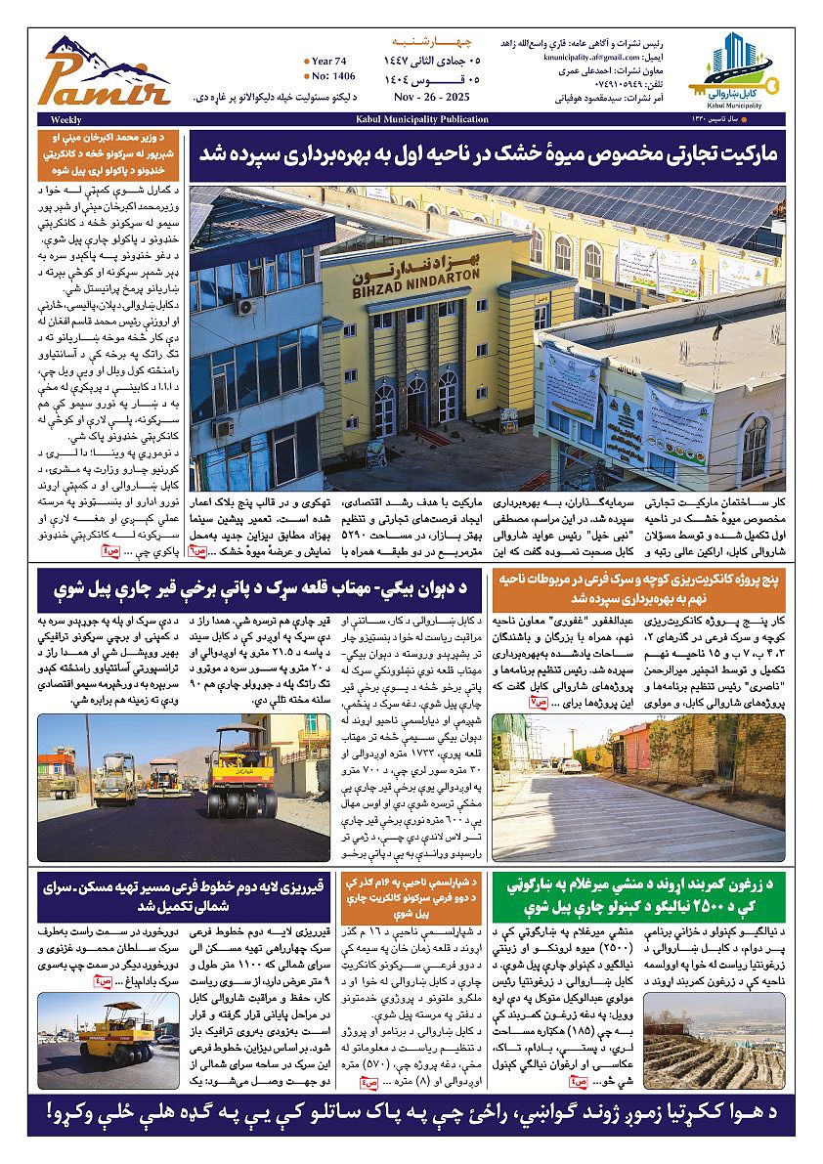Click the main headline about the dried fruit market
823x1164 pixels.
coord(486,155)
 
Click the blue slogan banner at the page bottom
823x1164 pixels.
coord(411,1113)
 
